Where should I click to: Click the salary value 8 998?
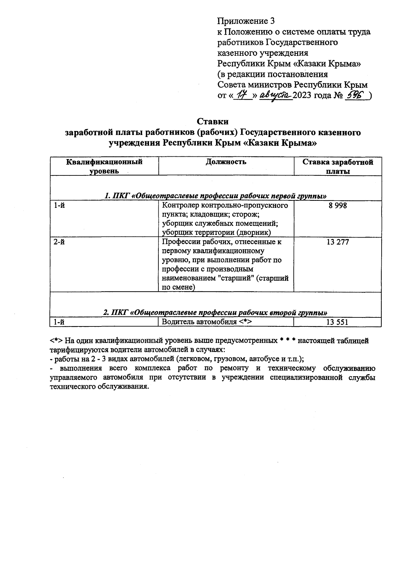point(338,206)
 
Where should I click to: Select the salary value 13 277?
point(338,242)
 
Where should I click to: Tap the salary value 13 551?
point(338,322)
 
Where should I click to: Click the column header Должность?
point(226,162)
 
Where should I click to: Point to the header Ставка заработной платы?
point(338,167)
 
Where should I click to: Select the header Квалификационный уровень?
point(104,166)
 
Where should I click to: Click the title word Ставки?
point(213,121)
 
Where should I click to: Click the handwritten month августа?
point(276,96)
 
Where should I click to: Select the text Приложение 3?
point(246,21)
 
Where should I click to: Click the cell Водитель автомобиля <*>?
point(207,322)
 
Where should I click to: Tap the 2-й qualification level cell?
point(59,242)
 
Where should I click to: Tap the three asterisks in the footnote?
point(287,341)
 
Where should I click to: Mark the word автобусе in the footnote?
point(262,359)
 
